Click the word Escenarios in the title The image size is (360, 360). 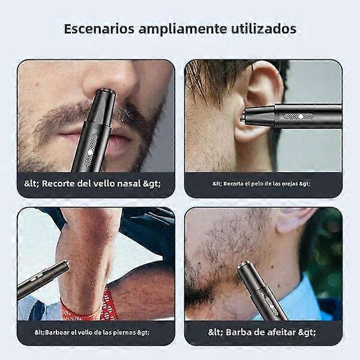99,29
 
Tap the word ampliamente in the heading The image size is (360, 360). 182,29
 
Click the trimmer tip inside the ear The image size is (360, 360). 242,117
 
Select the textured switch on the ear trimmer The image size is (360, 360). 298,116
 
